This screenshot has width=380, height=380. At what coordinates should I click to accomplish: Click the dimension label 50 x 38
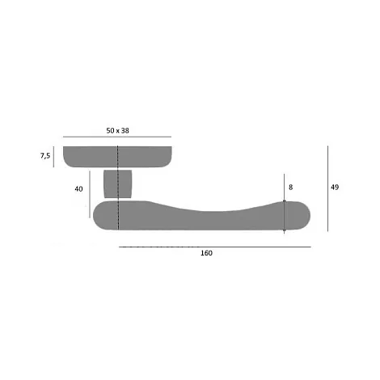(x=117, y=131)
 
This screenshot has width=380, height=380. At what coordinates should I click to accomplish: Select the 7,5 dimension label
(x=45, y=156)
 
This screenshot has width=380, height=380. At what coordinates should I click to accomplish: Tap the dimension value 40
(x=78, y=189)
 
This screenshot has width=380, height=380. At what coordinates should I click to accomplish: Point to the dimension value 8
(x=290, y=188)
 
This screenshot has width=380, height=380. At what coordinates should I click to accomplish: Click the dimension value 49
(x=335, y=187)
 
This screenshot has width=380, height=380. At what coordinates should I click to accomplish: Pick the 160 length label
(x=206, y=253)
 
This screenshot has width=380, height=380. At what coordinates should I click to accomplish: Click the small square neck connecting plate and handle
(x=118, y=184)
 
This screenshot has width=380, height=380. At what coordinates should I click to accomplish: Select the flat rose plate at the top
(x=117, y=157)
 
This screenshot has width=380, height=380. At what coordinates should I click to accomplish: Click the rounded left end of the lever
(x=103, y=216)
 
